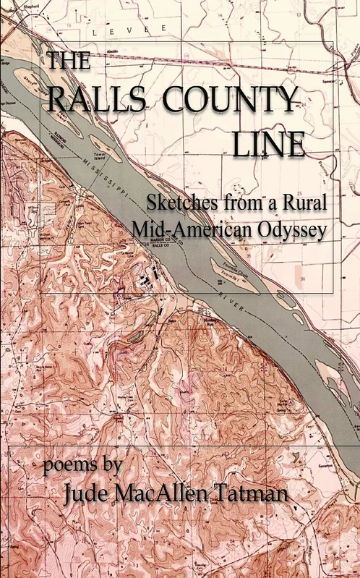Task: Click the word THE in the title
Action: point(69,61)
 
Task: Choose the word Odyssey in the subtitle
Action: point(288,229)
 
